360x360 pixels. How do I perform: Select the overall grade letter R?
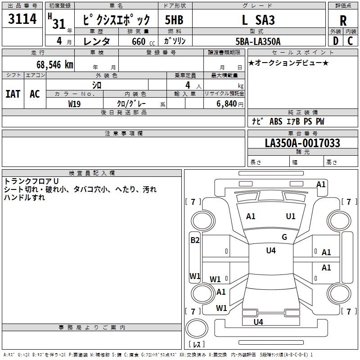click(x=343, y=21)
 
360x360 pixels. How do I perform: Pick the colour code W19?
click(x=75, y=103)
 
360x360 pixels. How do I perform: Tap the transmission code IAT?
click(x=13, y=94)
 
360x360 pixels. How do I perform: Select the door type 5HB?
click(x=174, y=20)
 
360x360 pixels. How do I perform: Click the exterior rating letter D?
click(x=335, y=41)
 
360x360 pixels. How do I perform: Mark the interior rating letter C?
click(x=351, y=41)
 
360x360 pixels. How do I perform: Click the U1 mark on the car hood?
click(x=291, y=216)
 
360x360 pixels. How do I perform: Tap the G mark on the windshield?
click(x=284, y=237)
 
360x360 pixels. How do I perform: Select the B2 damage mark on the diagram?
click(x=195, y=240)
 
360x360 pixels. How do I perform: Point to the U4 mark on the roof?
click(x=271, y=251)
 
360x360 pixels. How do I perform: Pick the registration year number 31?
click(x=59, y=24)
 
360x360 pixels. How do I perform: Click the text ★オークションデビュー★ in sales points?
click(x=288, y=63)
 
